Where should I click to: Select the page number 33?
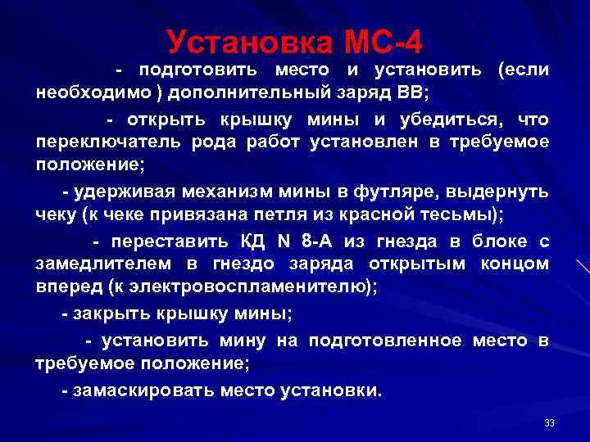tap(549, 423)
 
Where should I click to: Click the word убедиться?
tap(449, 120)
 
